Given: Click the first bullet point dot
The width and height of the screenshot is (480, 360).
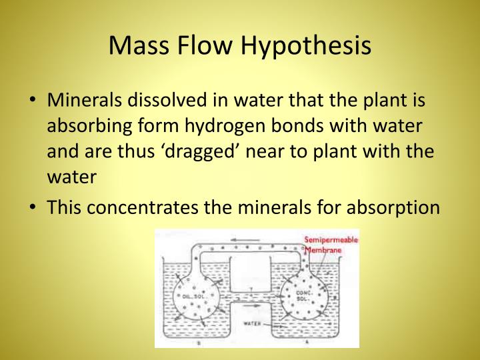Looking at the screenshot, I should point(33,101).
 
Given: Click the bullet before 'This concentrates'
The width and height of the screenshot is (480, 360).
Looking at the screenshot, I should point(33,207).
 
